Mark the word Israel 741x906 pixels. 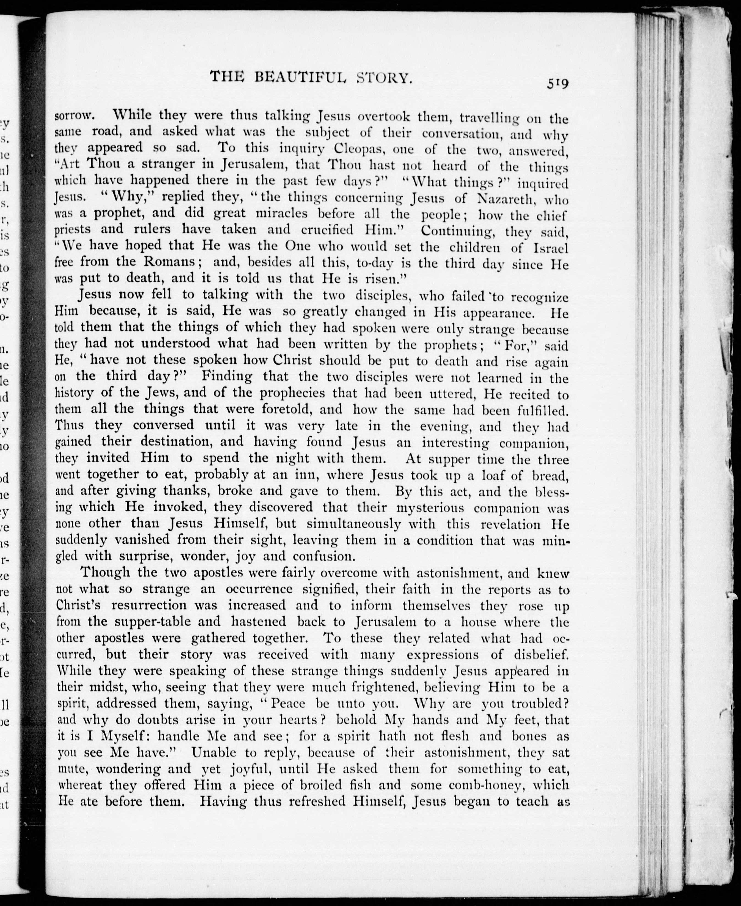(551, 248)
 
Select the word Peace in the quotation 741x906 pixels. (287, 704)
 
